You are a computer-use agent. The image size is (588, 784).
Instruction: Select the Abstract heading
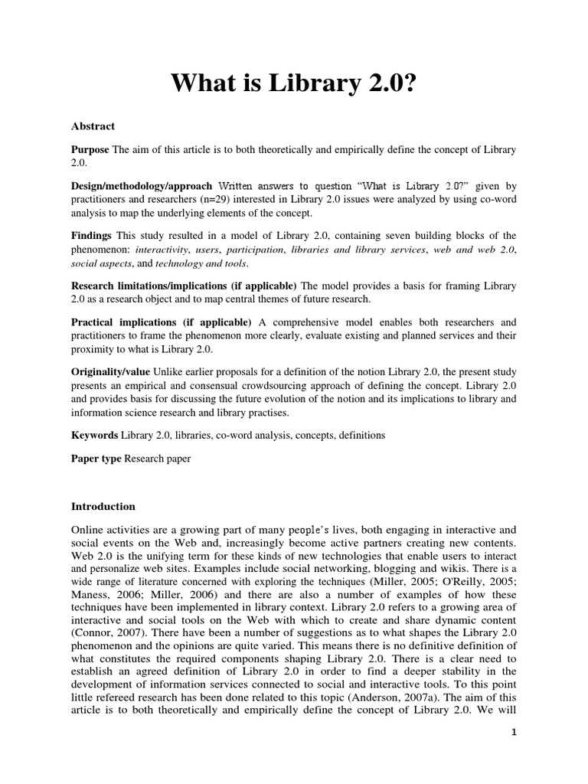point(93,126)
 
